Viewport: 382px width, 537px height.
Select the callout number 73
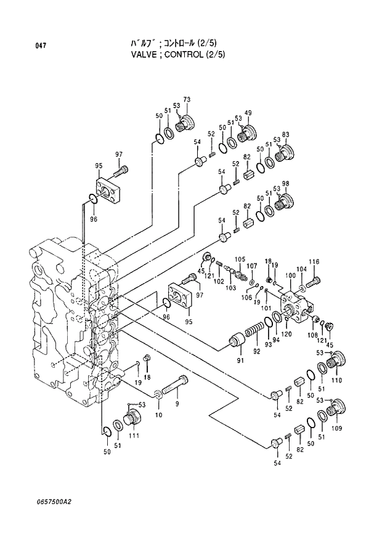click(x=186, y=100)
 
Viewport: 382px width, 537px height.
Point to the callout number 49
click(x=248, y=113)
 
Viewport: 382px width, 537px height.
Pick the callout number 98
click(x=285, y=184)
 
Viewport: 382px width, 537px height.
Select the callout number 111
click(x=134, y=436)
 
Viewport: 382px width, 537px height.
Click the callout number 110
click(x=336, y=381)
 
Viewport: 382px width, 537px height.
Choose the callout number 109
click(x=336, y=428)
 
